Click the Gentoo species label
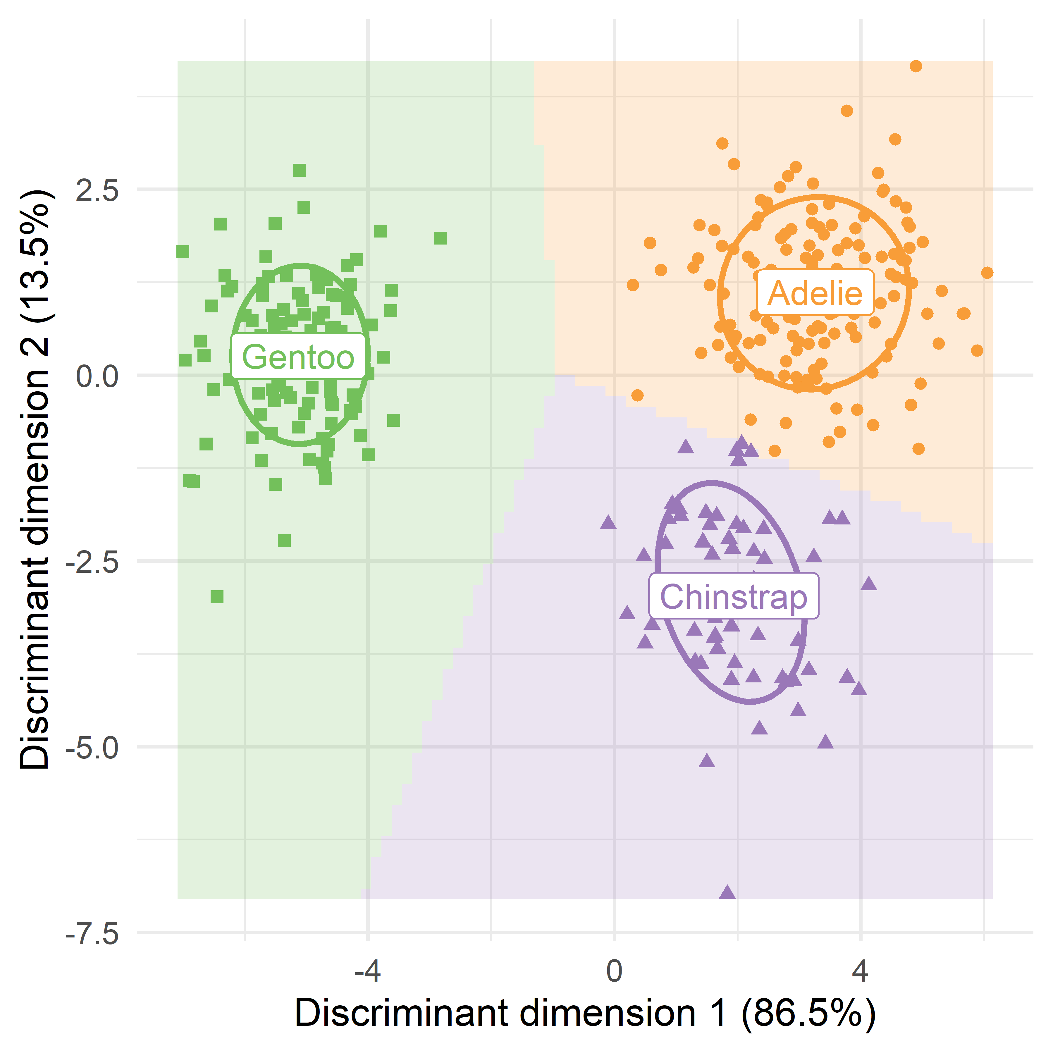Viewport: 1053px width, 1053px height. coord(297,357)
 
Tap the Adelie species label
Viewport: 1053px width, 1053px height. coord(815,293)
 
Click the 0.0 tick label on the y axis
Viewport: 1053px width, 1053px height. coord(97,376)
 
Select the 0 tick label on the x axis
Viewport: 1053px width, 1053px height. coord(614,971)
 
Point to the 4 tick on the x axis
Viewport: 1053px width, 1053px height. coord(861,971)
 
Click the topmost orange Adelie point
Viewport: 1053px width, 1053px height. coord(916,66)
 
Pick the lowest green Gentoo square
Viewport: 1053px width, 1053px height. coord(217,597)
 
